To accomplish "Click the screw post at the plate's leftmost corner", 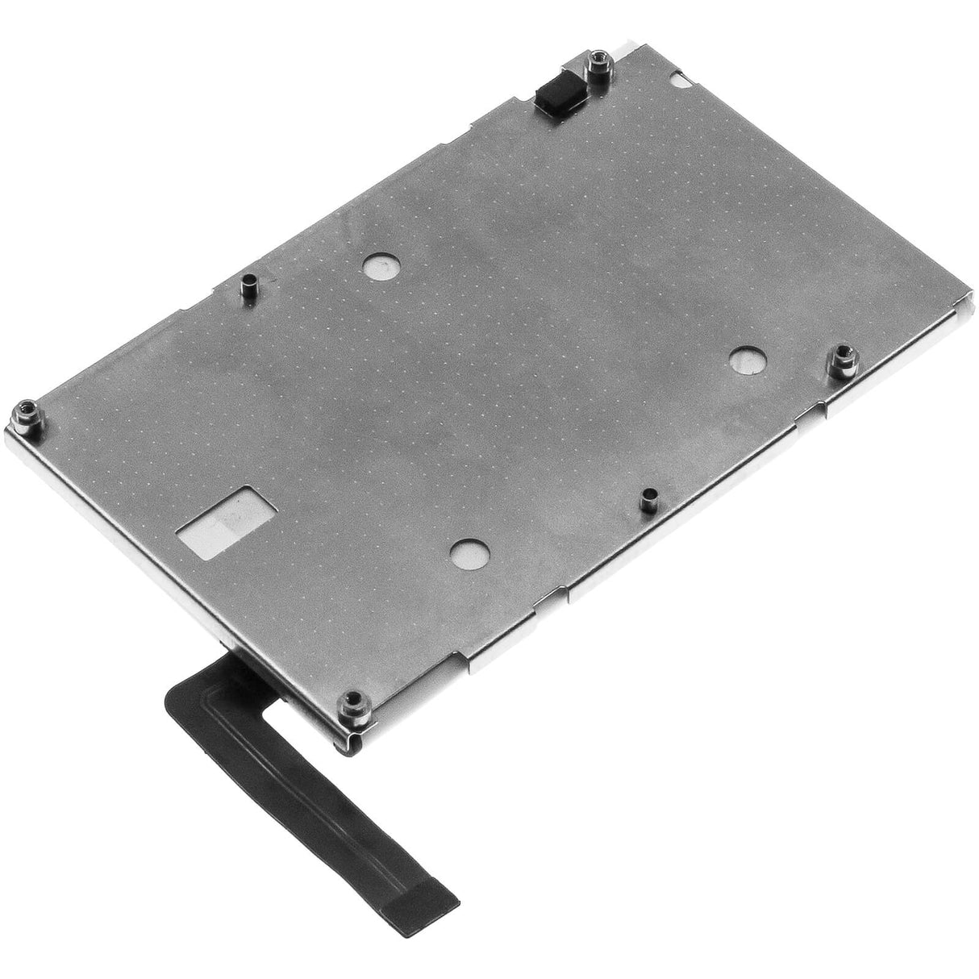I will (x=23, y=415).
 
